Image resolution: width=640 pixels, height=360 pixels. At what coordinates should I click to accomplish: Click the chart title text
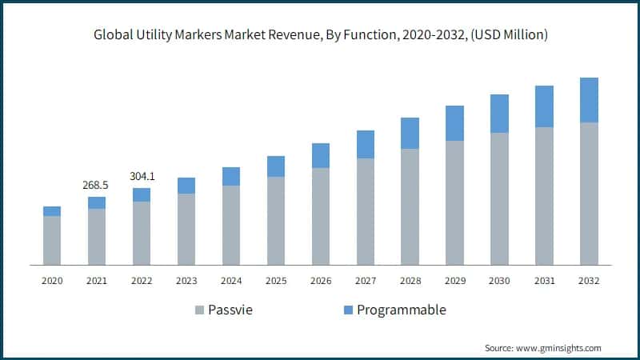coord(320,34)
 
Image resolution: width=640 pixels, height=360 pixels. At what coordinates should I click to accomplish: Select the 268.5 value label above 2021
coord(96,185)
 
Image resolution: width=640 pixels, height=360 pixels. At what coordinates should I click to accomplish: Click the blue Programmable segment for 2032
coord(589,100)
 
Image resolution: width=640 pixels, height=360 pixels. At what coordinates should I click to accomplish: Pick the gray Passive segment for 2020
coord(52,240)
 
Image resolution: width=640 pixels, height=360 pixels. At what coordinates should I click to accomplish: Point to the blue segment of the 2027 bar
coord(366,144)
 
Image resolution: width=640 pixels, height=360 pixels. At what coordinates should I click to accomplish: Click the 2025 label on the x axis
coord(276,281)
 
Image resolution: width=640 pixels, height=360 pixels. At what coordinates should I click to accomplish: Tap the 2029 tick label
coord(455,281)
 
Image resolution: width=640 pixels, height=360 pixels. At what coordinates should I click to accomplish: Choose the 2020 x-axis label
coord(52,281)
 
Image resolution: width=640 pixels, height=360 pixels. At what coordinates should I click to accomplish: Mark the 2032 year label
coord(589,281)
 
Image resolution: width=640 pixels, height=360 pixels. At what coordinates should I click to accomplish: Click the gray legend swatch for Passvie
coord(198,310)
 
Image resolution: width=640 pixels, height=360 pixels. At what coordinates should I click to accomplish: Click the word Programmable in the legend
coord(401,310)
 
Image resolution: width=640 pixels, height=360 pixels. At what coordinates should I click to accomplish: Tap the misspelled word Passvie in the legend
coord(230,310)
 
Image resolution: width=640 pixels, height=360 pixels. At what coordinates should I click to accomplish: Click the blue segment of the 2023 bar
coord(186,186)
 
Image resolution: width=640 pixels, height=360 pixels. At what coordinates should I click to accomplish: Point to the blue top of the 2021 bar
coord(97,202)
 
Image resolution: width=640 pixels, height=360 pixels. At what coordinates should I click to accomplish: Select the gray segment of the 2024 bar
coord(231,225)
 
